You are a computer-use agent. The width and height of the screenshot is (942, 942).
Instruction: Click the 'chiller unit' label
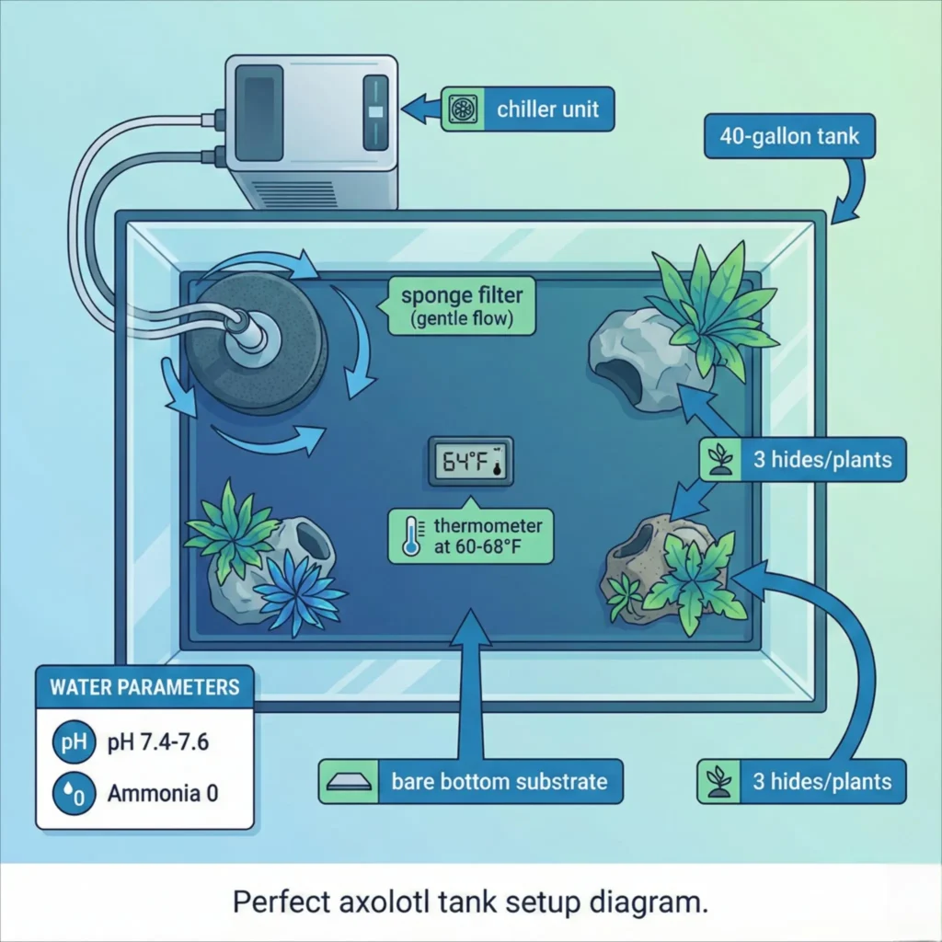tap(547, 109)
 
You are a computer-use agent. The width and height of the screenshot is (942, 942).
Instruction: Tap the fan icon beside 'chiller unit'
tap(460, 109)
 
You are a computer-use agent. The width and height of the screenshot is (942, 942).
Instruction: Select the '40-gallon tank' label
tap(788, 137)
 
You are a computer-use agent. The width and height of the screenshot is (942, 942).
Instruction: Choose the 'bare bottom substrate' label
tap(499, 782)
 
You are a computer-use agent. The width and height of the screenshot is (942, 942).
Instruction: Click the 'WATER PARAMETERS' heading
tap(144, 687)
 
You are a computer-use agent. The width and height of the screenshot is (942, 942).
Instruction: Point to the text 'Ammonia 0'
tap(163, 793)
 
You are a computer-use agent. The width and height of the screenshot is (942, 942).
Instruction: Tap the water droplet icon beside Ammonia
tap(73, 793)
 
